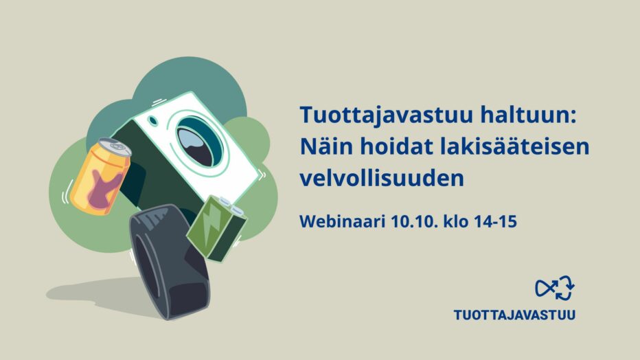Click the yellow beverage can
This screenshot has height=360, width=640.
[100, 177]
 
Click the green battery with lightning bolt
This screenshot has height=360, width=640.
[216, 228]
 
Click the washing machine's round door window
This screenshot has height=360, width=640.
[200, 142]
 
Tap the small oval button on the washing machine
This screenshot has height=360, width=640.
[153, 120]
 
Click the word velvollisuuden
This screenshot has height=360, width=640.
[382, 178]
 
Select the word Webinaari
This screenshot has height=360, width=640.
[343, 222]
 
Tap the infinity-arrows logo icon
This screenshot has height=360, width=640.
[555, 288]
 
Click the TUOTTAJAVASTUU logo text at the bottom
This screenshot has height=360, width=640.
[515, 315]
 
